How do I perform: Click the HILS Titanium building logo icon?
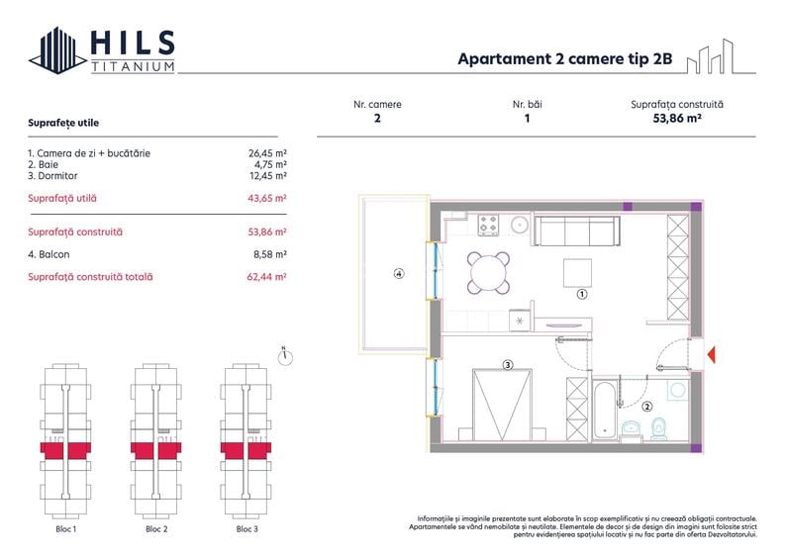[x=57, y=50]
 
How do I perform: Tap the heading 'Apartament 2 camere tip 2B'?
[x=565, y=58]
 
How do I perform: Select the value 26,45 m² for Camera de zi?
[x=267, y=153]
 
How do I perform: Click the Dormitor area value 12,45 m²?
[x=268, y=176]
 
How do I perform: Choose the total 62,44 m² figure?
[x=266, y=277]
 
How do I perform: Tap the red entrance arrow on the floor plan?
[x=711, y=354]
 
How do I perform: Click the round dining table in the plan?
[x=488, y=273]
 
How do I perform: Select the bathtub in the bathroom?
[x=605, y=411]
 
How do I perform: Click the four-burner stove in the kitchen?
[x=488, y=225]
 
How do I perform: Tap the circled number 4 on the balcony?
[x=399, y=274]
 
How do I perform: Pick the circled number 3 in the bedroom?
[x=508, y=365]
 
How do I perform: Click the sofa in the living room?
[x=576, y=232]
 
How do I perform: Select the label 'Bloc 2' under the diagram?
[x=156, y=529]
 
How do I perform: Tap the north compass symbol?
[x=285, y=356]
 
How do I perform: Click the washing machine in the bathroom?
[x=678, y=390]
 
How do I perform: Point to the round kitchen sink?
[x=520, y=225]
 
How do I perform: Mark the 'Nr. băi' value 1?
[x=528, y=119]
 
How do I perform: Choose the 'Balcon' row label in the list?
[x=49, y=254]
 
